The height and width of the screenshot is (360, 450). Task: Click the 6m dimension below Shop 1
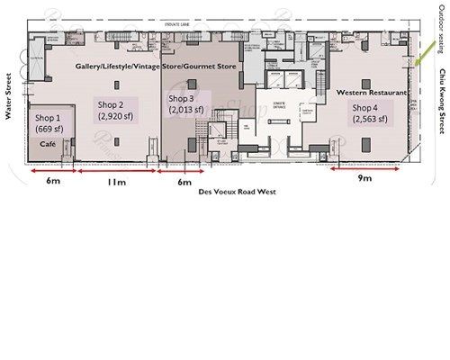tap(52, 183)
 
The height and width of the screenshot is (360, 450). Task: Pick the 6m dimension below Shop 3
tap(185, 183)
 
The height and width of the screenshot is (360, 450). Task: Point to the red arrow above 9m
tap(364, 167)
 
